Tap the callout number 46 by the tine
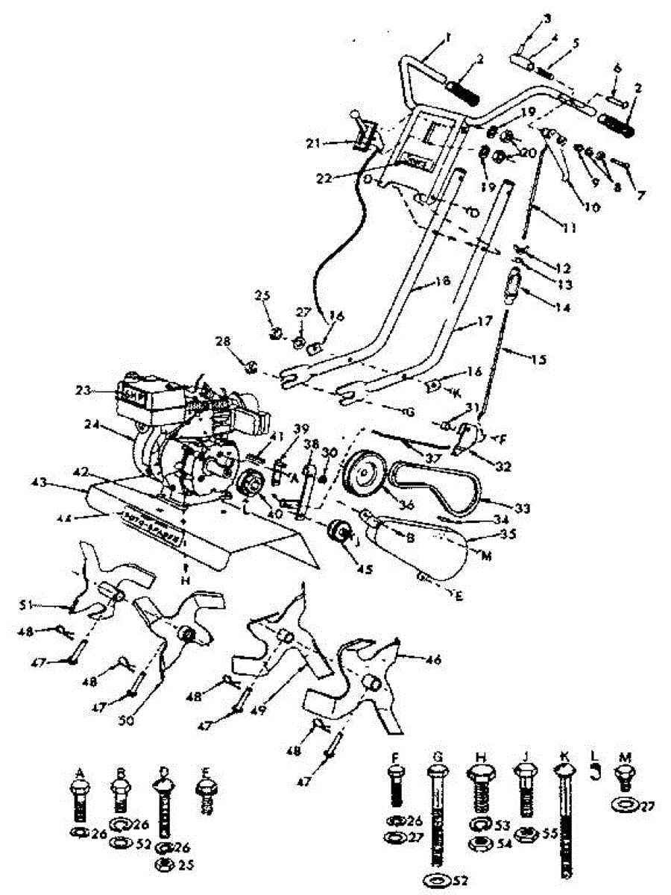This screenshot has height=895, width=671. [433, 659]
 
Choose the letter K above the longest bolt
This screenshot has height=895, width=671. [566, 756]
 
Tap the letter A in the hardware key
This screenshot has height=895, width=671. [79, 772]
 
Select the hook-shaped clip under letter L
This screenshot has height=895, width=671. [595, 776]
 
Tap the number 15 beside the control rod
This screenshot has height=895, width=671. [538, 359]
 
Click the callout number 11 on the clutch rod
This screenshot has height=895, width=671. [570, 229]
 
